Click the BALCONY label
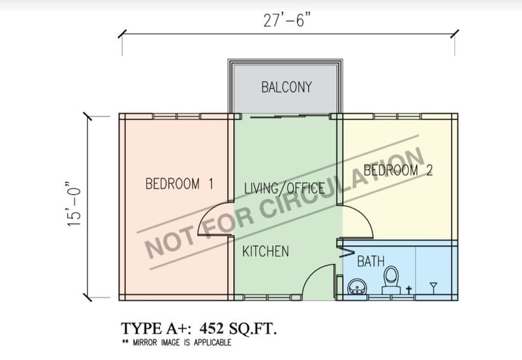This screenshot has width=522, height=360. point(286,87)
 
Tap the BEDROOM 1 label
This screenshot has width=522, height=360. point(179,184)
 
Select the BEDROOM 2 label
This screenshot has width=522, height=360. point(398,170)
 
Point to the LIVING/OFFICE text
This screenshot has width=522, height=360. point(284,188)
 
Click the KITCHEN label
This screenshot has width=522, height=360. point(266,251)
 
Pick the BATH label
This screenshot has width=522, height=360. point(371,261)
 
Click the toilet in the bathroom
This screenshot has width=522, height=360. point(391,280)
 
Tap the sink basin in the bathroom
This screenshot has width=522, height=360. point(357,287)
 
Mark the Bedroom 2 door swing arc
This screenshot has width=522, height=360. point(364,217)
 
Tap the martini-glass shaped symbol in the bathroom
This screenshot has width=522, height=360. point(433,288)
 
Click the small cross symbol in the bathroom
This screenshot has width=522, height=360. point(409,290)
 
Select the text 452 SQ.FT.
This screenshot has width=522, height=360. point(238,329)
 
